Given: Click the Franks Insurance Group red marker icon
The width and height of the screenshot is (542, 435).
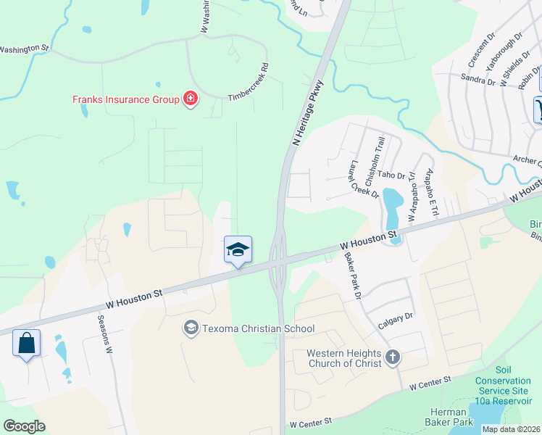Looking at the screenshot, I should click(x=191, y=99).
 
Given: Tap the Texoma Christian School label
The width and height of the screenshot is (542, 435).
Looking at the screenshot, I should click(x=258, y=328).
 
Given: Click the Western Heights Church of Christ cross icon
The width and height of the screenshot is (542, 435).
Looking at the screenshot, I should click(x=393, y=357).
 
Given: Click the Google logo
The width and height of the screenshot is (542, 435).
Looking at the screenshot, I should click(x=25, y=426).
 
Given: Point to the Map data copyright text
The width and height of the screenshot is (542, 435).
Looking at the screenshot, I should click(x=511, y=429).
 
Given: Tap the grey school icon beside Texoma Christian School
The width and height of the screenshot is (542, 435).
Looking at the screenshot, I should click(x=191, y=328).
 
